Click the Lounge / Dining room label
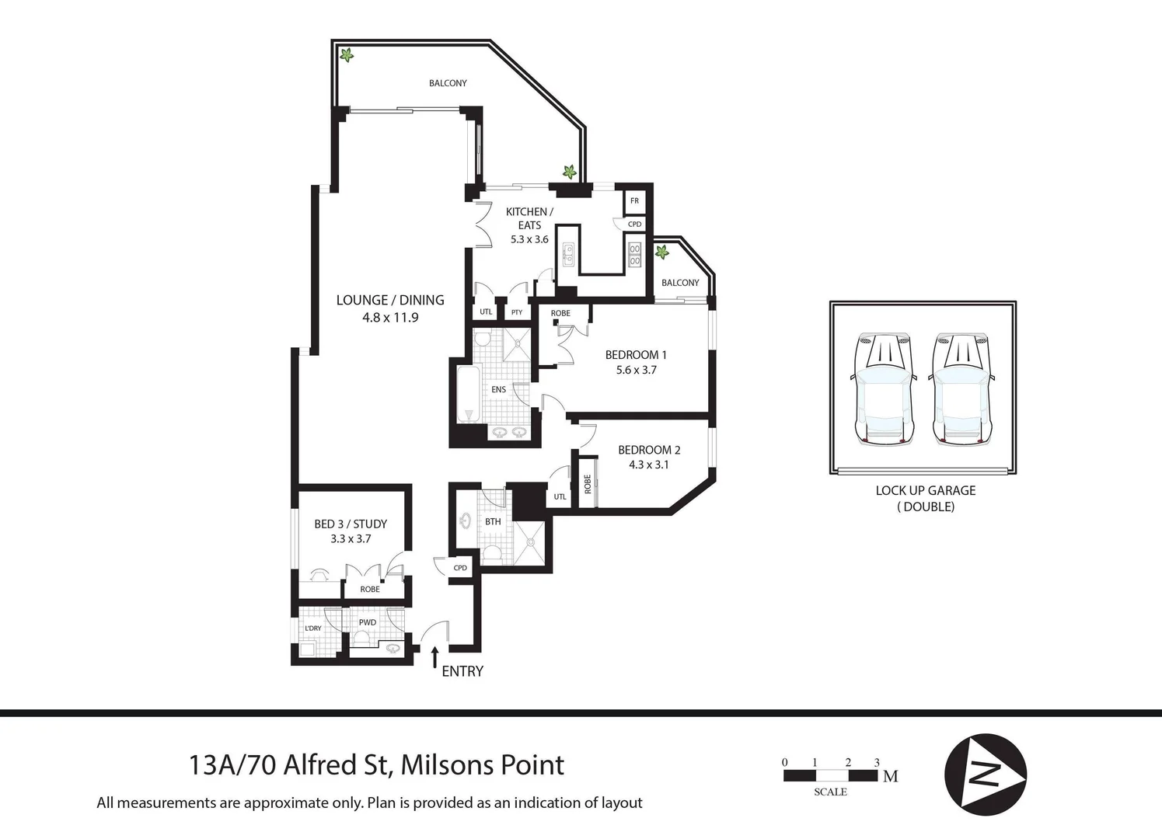click(x=390, y=300)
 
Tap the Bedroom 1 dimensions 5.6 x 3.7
click(x=636, y=371)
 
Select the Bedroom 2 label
click(x=649, y=450)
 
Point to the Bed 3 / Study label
click(x=351, y=524)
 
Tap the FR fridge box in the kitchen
click(x=634, y=201)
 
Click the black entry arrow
click(x=434, y=656)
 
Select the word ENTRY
click(x=462, y=671)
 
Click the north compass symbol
click(x=985, y=775)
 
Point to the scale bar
click(x=830, y=775)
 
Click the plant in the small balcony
click(x=662, y=252)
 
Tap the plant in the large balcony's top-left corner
click(x=347, y=55)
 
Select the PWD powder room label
click(x=368, y=622)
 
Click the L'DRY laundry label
click(x=313, y=628)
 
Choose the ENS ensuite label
click(x=498, y=389)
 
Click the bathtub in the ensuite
click(x=468, y=394)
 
